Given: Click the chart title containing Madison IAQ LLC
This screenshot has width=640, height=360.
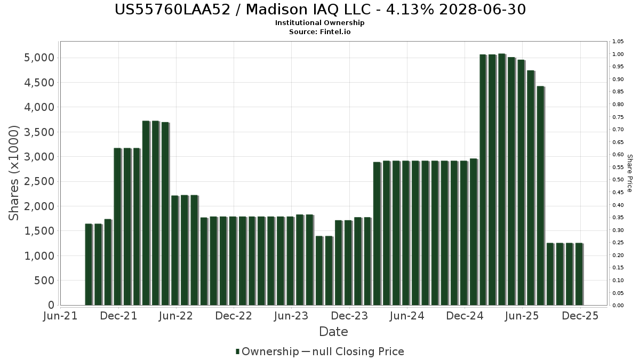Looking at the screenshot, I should coord(320,10).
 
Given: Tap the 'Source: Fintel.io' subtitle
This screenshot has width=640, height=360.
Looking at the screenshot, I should coord(320,32).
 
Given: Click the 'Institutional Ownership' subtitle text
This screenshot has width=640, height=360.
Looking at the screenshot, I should coord(320,23).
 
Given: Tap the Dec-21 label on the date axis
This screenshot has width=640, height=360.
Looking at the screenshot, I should coord(119,316).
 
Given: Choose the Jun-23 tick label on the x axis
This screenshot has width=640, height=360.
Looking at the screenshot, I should coord(291,316).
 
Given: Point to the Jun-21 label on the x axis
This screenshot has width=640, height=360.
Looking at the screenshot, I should coord(61,316).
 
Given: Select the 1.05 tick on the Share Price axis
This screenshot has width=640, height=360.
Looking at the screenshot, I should coord(618,42).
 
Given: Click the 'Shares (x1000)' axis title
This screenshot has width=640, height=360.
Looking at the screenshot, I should coord(14,173).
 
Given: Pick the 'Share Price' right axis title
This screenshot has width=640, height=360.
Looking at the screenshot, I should coord(630,173).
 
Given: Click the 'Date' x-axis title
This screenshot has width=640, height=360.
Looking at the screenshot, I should coord(333,332).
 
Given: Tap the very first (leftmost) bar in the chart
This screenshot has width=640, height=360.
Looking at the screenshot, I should coord(89,265).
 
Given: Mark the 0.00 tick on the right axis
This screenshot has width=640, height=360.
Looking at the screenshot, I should coord(618,306).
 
